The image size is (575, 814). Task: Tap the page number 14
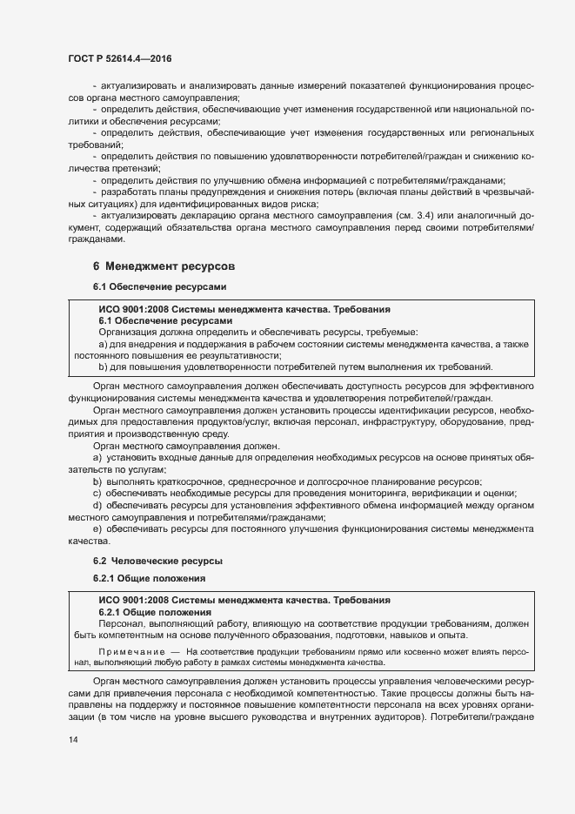pyautogui.click(x=73, y=740)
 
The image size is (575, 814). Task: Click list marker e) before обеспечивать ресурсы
pyautogui.click(x=97, y=528)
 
